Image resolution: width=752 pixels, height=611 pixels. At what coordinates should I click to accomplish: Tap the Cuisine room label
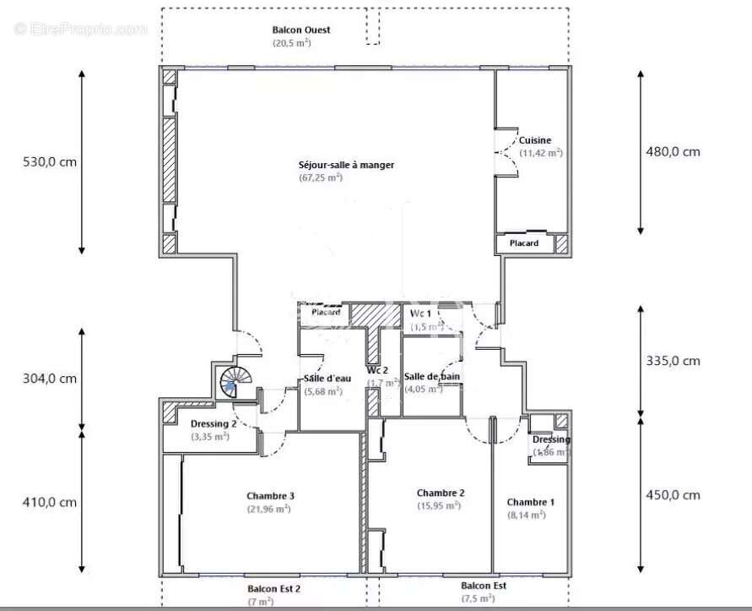pos(535,140)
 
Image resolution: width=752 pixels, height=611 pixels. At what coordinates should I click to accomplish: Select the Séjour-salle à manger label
pos(346,165)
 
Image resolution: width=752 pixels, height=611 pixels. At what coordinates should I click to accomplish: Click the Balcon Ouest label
pos(289,30)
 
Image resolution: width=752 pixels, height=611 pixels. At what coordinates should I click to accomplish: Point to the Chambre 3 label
pos(270,495)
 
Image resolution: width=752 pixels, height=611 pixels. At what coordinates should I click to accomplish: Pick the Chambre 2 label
pos(441,493)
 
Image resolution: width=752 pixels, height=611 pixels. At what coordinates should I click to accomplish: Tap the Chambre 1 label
pos(531,502)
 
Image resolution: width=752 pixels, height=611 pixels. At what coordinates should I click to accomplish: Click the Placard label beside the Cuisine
pos(524,243)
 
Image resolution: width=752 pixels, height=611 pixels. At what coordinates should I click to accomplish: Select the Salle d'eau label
pos(322,379)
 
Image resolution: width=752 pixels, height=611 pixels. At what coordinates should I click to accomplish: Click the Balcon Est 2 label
pos(273,589)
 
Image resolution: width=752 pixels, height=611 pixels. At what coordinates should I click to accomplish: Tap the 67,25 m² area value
pos(321,177)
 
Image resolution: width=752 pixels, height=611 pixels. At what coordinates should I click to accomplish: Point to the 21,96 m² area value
pos(269,509)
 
